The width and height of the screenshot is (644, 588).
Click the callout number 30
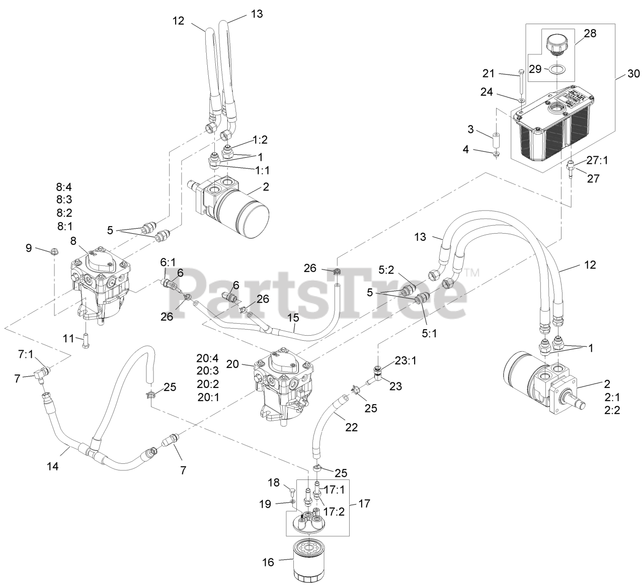[x=633, y=74]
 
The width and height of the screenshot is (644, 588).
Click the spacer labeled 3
[x=497, y=138]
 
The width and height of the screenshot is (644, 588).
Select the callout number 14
[x=53, y=466]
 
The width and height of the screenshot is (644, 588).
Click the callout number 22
[x=352, y=427]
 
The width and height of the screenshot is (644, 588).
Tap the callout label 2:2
[x=612, y=410]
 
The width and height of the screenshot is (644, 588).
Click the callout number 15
[x=293, y=318]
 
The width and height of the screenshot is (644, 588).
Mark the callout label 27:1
[x=598, y=161]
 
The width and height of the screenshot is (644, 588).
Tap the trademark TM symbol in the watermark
[x=471, y=273]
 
